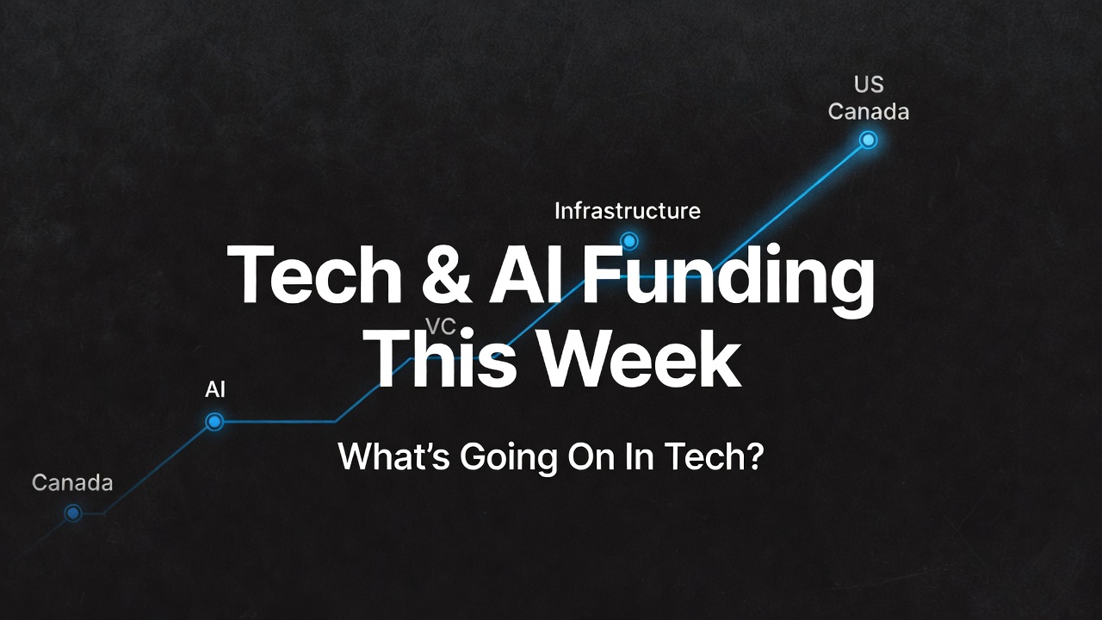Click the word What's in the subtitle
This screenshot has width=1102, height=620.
pyautogui.click(x=393, y=456)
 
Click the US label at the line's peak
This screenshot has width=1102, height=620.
pyautogui.click(x=869, y=85)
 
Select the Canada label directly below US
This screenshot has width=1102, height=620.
pyautogui.click(x=869, y=112)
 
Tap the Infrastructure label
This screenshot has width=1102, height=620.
pyautogui.click(x=627, y=211)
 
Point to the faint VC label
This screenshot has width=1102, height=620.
pyautogui.click(x=441, y=325)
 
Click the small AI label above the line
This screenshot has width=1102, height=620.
pyautogui.click(x=215, y=389)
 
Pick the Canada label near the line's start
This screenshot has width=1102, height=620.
pyautogui.click(x=72, y=483)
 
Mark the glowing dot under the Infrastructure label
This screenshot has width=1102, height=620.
pyautogui.click(x=629, y=241)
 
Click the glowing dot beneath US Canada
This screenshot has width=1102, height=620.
pyautogui.click(x=868, y=139)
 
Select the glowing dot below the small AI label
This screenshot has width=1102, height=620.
pyautogui.click(x=214, y=421)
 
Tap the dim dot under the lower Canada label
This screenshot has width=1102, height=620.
pyautogui.click(x=73, y=513)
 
